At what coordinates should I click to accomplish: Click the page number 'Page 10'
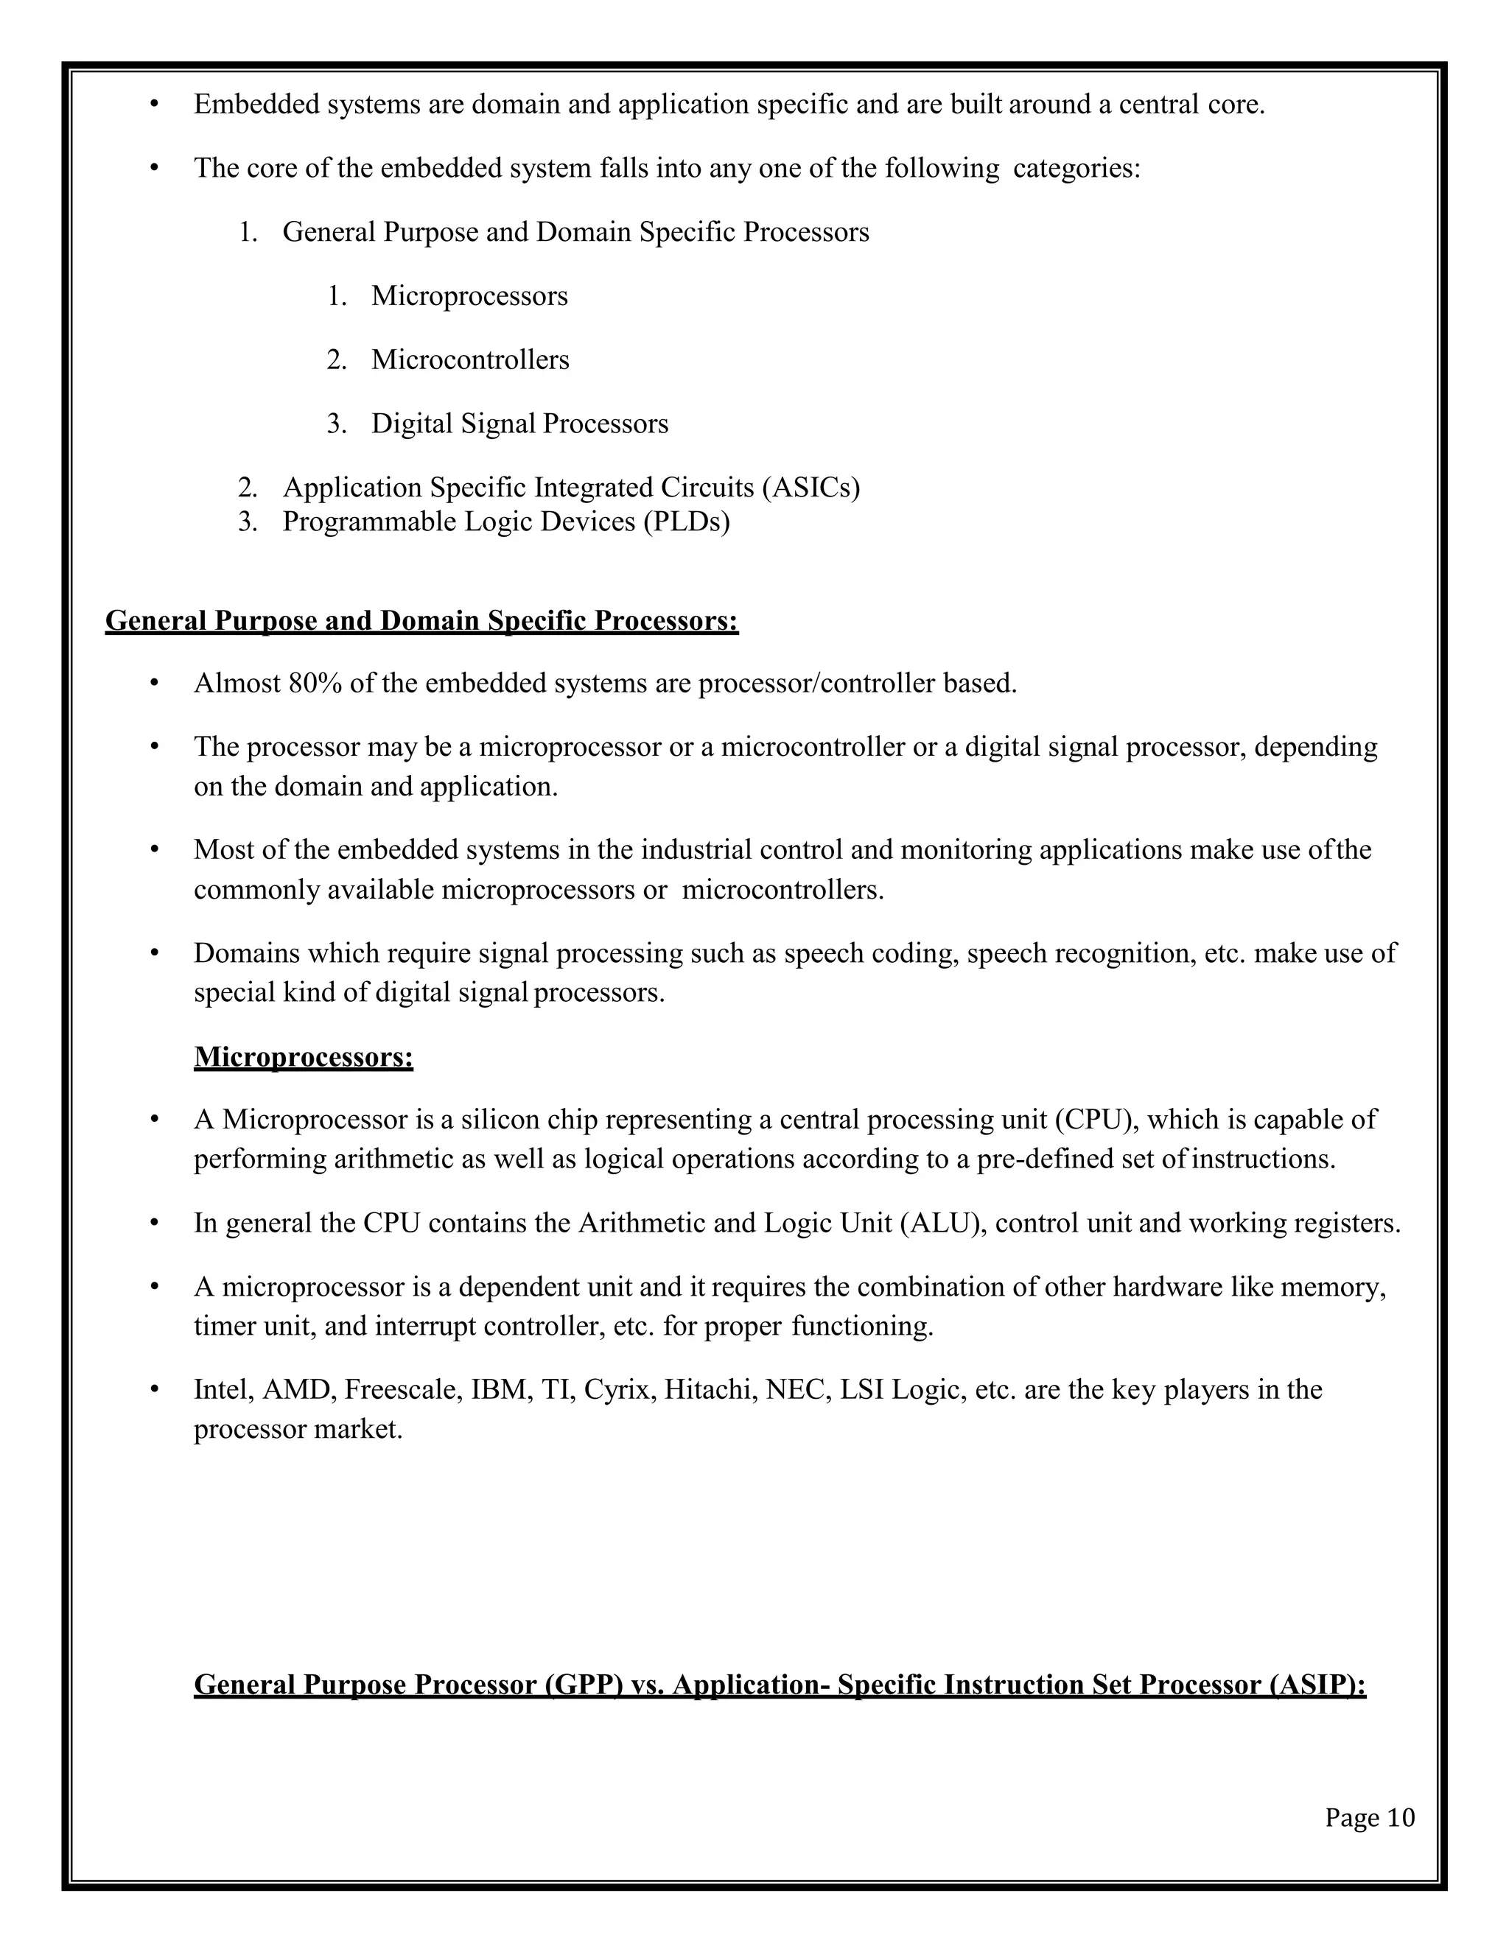click(1370, 1818)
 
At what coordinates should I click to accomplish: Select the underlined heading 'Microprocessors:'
click(303, 1057)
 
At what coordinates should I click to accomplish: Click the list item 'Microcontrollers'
click(470, 360)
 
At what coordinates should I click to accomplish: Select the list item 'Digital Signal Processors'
click(519, 424)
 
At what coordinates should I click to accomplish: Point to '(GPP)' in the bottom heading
click(583, 1685)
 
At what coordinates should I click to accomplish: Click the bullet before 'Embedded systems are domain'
click(154, 105)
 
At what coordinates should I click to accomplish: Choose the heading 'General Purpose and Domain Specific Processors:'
click(422, 621)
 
